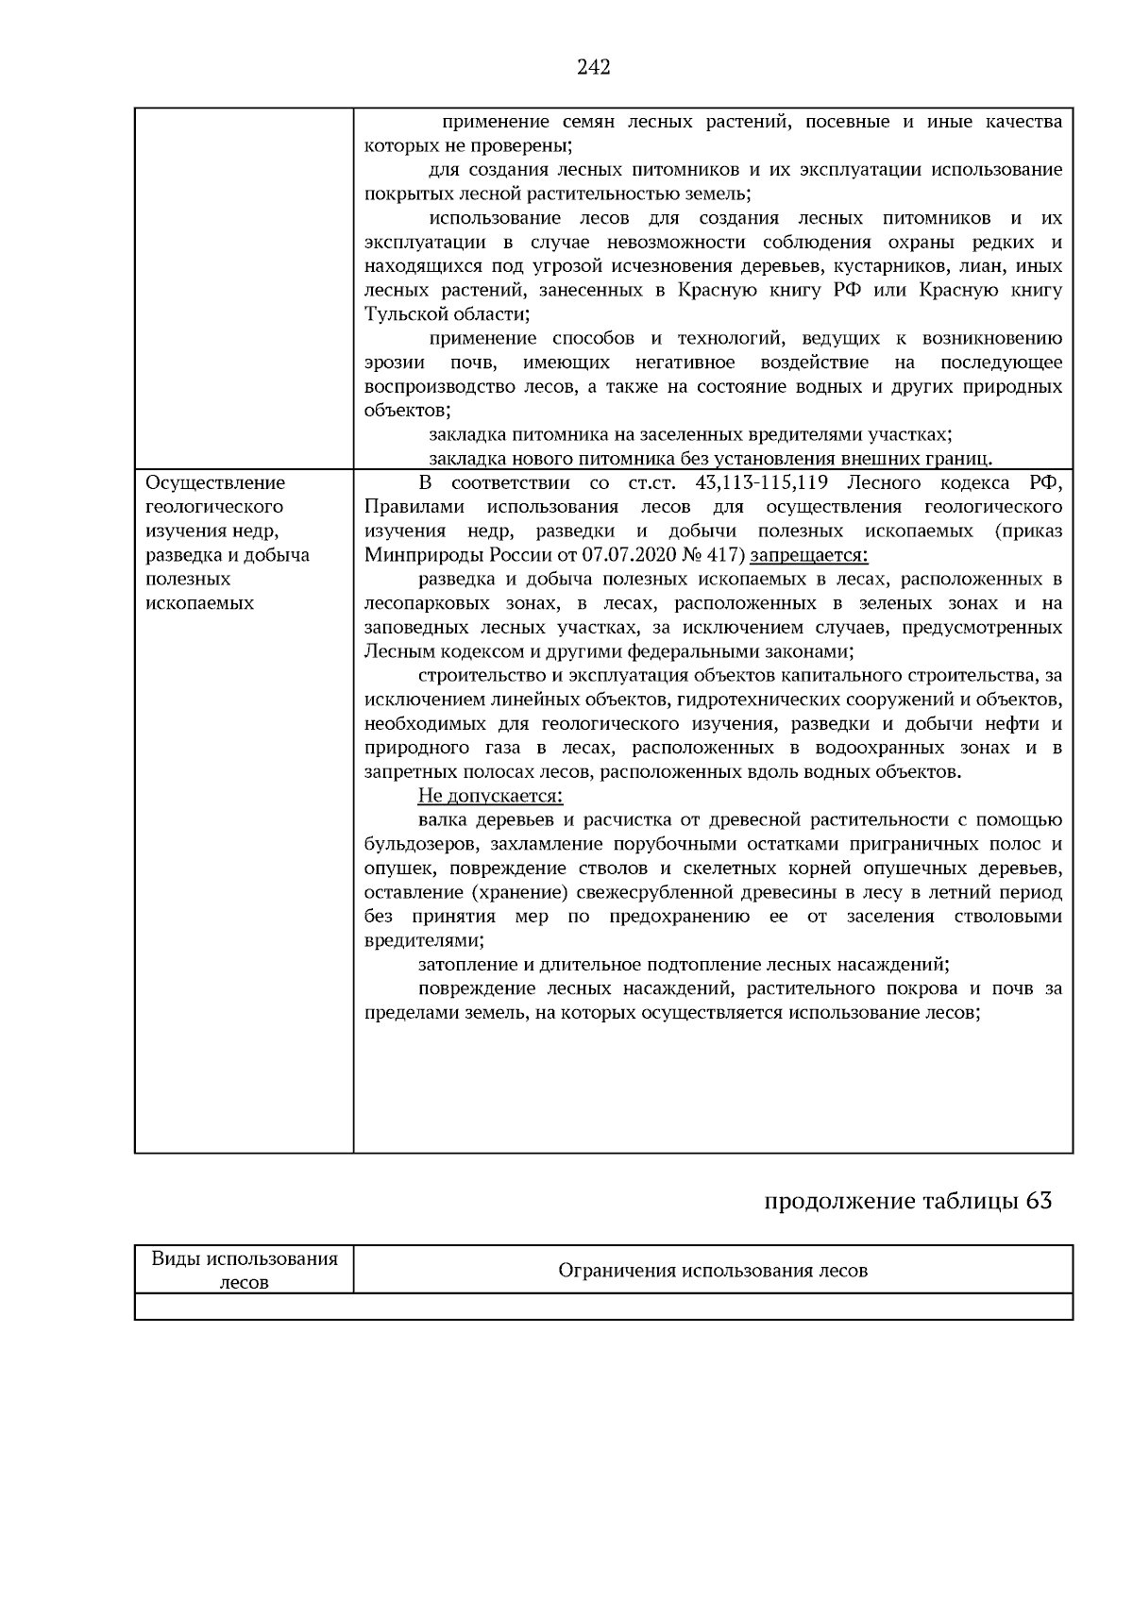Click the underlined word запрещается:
pos(808,555)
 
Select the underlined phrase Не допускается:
pos(489,796)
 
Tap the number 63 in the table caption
pos(1038,1201)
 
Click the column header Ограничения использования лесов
pos(713,1271)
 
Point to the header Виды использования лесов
pos(245,1270)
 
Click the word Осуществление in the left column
pos(215,483)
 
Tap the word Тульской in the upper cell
pos(400,314)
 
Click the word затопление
pos(465,965)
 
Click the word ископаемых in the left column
pos(199,603)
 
